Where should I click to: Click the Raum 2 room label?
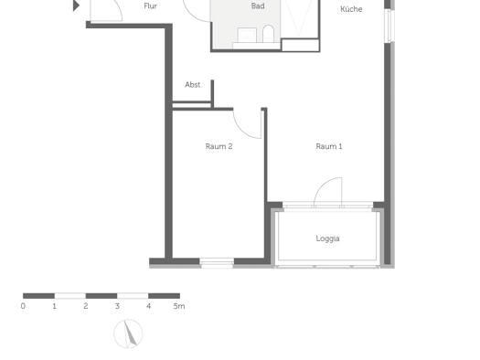click(x=219, y=146)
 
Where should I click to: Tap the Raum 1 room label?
click(x=329, y=146)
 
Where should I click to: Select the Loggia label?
click(x=327, y=238)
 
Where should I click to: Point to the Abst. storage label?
click(x=193, y=85)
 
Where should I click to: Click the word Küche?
click(x=351, y=9)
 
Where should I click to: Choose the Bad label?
click(x=258, y=5)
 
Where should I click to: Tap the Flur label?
click(x=150, y=6)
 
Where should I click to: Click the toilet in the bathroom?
click(x=268, y=34)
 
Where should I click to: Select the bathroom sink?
click(x=247, y=35)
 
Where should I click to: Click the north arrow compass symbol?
click(x=128, y=334)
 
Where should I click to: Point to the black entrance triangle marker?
click(x=76, y=5)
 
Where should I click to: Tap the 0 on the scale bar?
click(x=23, y=306)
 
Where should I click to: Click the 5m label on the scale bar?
click(x=179, y=306)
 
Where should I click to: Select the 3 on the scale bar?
click(x=117, y=306)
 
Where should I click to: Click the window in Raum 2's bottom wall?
click(x=217, y=263)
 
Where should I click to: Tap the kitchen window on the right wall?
click(x=389, y=26)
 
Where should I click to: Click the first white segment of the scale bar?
click(x=70, y=296)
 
